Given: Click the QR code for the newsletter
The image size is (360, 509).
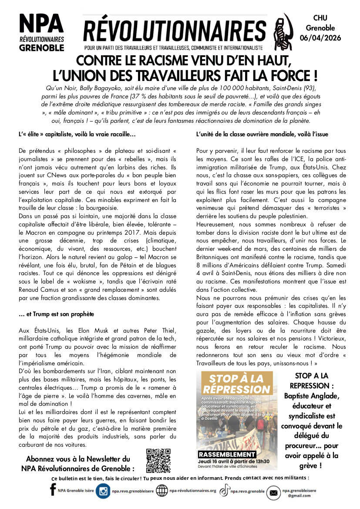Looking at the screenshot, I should pos(158,461).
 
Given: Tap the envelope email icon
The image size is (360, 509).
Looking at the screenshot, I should pos(273,492).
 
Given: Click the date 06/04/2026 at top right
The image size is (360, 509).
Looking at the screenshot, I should pos(320,38).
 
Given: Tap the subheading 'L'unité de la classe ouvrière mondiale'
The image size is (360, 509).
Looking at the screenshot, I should pos(262,134).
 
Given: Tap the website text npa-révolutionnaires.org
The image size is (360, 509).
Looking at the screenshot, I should pos(193,491).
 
